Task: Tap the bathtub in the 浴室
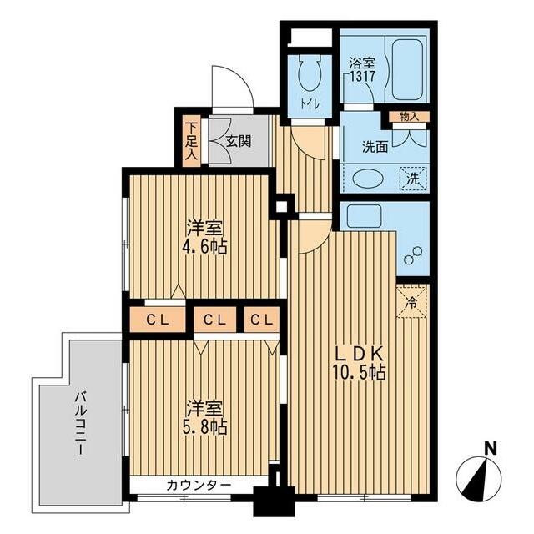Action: (x=408, y=69)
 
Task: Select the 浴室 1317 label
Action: (x=362, y=69)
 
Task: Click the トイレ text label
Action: (x=310, y=103)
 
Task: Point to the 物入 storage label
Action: (x=409, y=117)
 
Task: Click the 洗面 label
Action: (x=375, y=147)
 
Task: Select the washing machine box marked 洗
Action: (x=413, y=179)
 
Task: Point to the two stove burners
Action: (x=413, y=255)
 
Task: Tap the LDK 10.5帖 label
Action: (x=360, y=363)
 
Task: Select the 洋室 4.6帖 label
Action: (x=205, y=237)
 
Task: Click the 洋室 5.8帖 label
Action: (x=205, y=417)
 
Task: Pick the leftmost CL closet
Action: (x=158, y=320)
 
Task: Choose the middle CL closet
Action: (x=214, y=320)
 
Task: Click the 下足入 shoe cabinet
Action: (x=191, y=141)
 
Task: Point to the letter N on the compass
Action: (x=491, y=448)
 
